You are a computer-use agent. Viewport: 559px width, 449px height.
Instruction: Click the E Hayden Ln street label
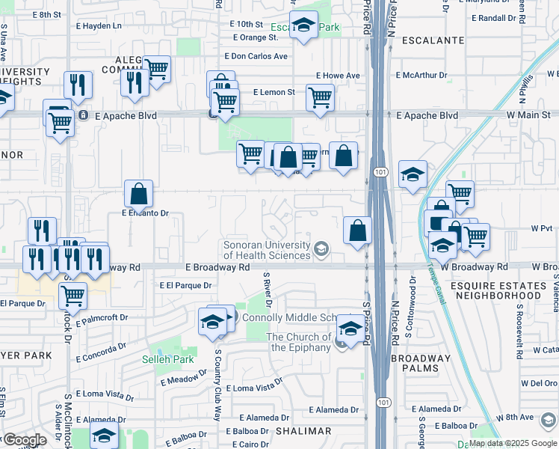pos(96,25)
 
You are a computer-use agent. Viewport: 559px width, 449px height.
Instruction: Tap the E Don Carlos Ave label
pos(256,56)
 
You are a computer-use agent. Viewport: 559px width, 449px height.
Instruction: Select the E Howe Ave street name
pos(338,76)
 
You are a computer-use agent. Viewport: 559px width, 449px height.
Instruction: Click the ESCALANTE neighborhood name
pos(433,40)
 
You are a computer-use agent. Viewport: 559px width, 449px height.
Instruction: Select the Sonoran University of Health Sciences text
pos(267,251)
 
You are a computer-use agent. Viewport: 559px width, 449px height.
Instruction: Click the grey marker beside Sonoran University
pos(321,248)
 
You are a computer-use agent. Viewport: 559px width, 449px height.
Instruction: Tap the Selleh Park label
pos(168,359)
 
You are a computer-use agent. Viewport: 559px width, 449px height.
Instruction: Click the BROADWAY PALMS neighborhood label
pos(421,364)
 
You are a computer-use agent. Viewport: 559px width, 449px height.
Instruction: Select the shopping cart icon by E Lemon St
pos(320,97)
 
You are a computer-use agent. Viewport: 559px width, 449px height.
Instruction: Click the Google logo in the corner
pos(24,440)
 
